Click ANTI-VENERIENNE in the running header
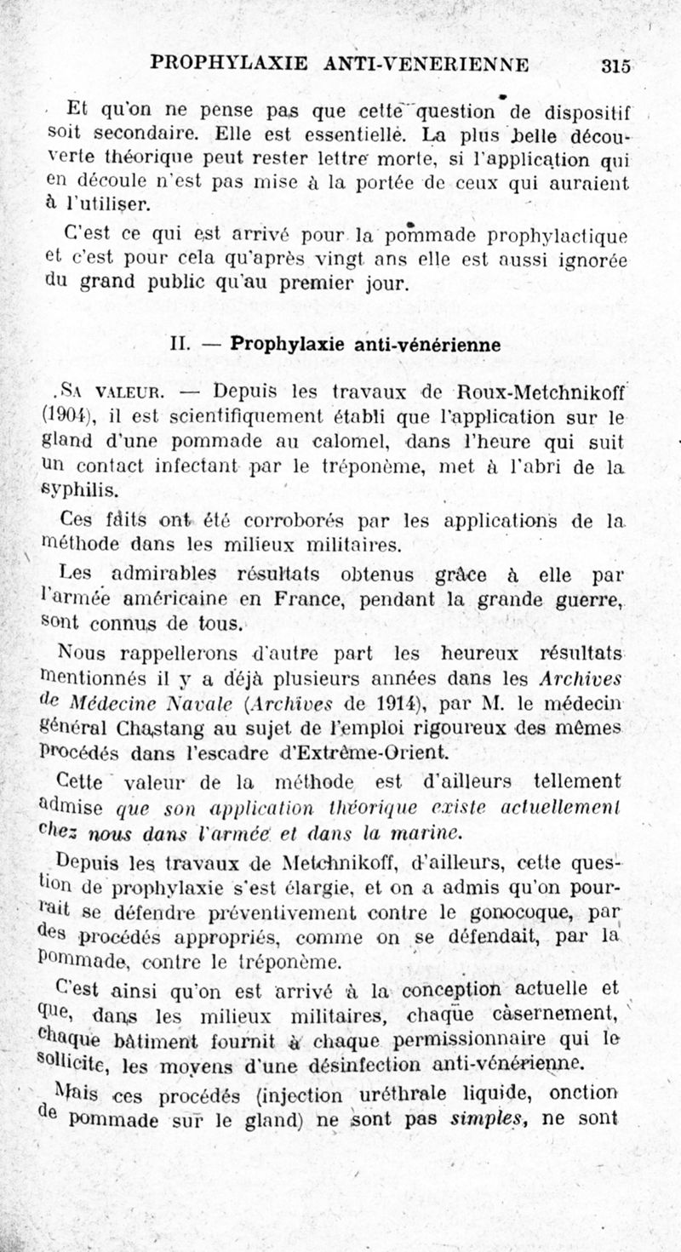point(426,64)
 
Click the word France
point(305,598)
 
